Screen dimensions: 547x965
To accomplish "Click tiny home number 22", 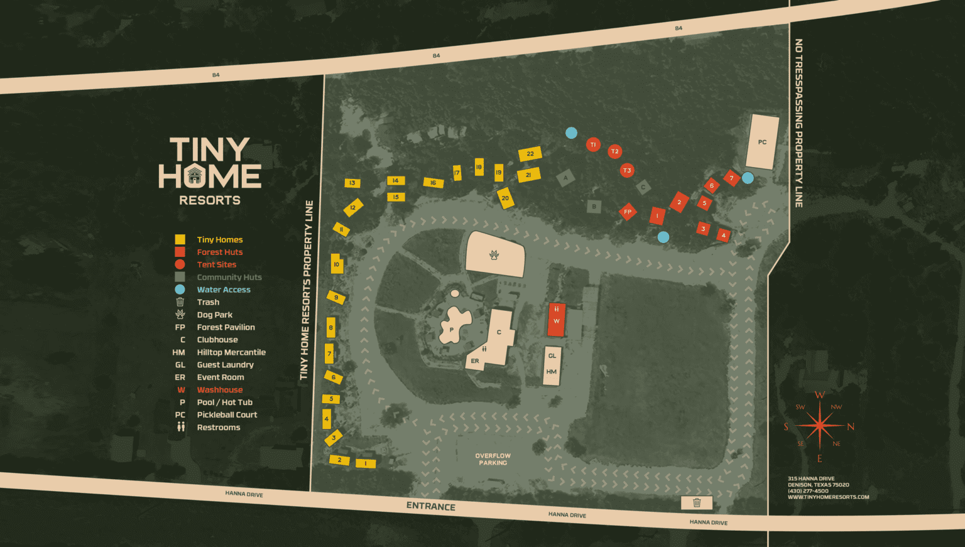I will [530, 154].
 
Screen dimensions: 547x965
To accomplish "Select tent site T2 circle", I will [614, 151].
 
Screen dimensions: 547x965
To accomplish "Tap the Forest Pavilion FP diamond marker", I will [628, 212].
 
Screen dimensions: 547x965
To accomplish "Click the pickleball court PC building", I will [761, 142].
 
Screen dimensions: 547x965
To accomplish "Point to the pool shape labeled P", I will [454, 325].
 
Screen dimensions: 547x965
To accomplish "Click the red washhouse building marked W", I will [556, 320].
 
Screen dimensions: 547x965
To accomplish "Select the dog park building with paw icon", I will [495, 254].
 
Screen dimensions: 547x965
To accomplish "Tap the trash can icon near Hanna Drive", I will [697, 502].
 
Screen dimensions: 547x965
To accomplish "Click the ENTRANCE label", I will [430, 506].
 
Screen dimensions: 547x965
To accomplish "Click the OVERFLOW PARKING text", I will [493, 459].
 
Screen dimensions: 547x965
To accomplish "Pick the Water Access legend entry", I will [223, 290].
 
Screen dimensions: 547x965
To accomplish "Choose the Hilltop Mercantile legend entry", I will [231, 352].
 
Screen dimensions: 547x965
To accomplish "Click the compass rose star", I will [819, 426].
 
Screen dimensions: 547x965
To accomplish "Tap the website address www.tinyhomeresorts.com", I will [828, 497].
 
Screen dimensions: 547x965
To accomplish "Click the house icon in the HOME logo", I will [195, 175].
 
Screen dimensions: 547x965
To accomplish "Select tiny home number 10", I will [337, 264].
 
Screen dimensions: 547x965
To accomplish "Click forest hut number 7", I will [731, 178].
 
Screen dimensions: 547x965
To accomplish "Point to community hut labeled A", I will [565, 178].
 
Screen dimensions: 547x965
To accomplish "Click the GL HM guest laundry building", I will [552, 364].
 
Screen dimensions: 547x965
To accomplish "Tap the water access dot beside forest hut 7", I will [748, 178].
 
